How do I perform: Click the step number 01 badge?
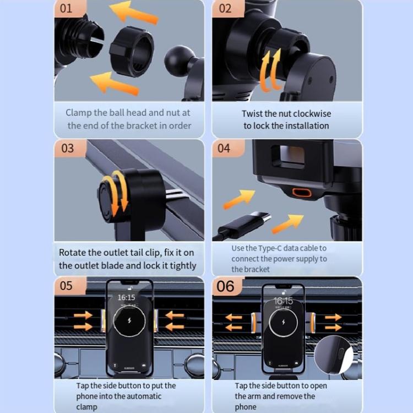pyautogui.click(x=66, y=8)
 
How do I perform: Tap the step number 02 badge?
pyautogui.click(x=226, y=8)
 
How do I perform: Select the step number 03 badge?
pyautogui.click(x=67, y=148)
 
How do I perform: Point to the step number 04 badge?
pyautogui.click(x=224, y=148)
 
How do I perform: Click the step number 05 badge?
pyautogui.click(x=67, y=286)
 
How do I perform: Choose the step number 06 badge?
pyautogui.click(x=225, y=286)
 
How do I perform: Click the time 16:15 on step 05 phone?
pyautogui.click(x=126, y=297)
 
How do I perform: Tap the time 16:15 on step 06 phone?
pyautogui.click(x=284, y=301)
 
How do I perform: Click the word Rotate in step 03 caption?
pyautogui.click(x=73, y=253)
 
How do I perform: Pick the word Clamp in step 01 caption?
pyautogui.click(x=79, y=113)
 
